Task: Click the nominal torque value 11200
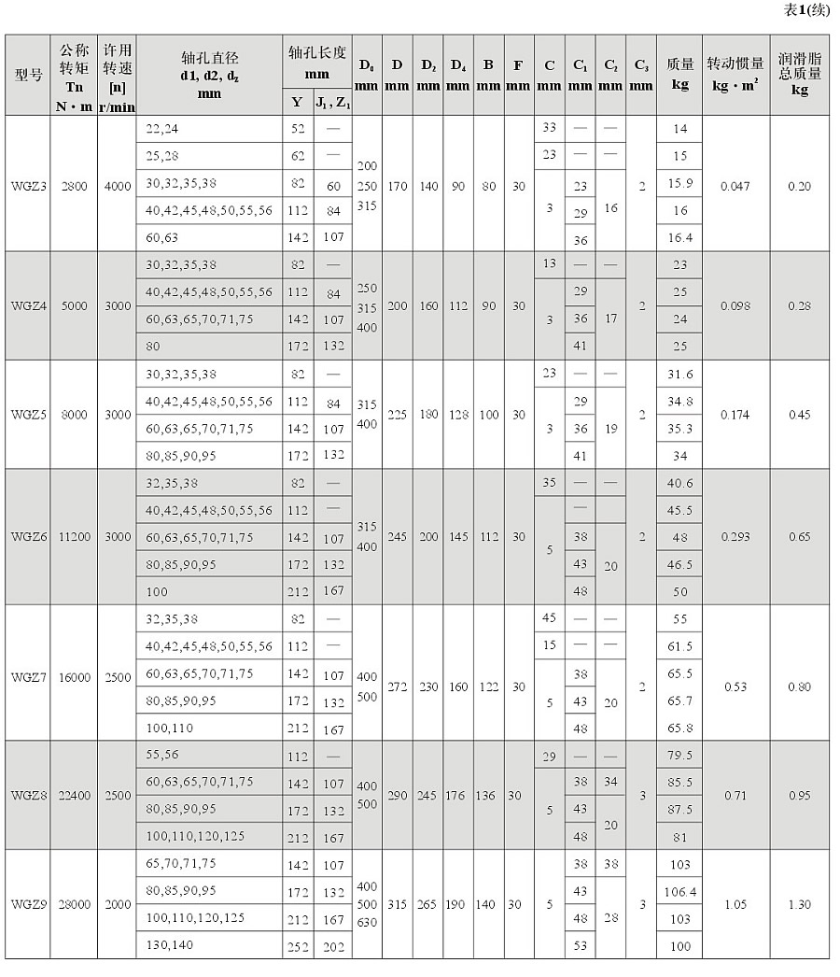tap(74, 537)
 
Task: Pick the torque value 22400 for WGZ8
tap(74, 795)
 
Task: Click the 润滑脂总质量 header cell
tap(800, 75)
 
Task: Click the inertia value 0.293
tap(735, 537)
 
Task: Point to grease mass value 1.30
tap(800, 904)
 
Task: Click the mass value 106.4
tap(679, 892)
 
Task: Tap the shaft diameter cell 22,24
tap(161, 129)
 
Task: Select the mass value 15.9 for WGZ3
tap(679, 183)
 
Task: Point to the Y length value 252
tap(298, 945)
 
